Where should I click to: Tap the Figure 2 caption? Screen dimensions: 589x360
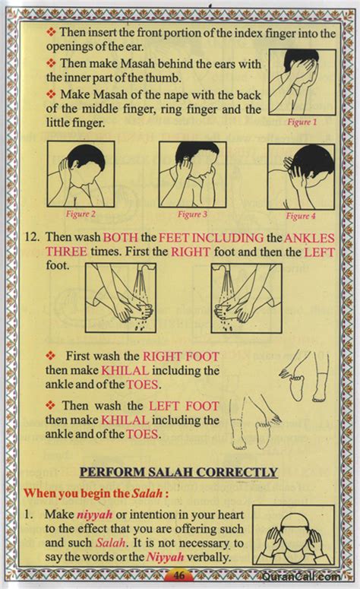coord(80,214)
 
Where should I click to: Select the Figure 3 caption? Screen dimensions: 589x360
coord(193,214)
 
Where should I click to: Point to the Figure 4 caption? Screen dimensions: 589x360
coord(302,215)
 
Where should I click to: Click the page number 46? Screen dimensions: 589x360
coord(180,575)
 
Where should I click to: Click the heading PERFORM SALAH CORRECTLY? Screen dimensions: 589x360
coord(179,472)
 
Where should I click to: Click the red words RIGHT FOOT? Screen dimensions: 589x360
coord(181,356)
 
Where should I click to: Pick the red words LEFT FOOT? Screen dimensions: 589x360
coord(184,406)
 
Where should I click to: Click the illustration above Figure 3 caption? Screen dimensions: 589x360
coord(193,174)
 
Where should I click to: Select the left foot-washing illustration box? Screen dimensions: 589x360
coord(120,298)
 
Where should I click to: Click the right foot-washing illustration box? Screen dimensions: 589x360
coord(246,298)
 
